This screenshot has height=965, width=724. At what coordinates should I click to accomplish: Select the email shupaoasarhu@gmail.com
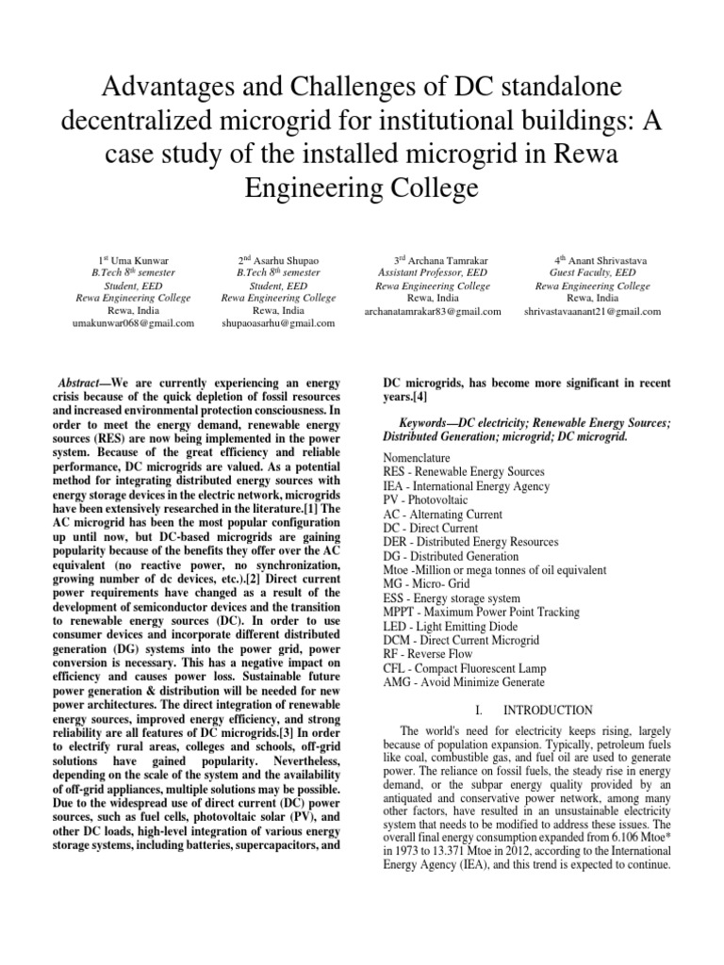pos(278,323)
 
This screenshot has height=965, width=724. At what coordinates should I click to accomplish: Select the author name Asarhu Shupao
pos(283,259)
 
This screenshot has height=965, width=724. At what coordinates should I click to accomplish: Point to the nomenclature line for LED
pos(451,627)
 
